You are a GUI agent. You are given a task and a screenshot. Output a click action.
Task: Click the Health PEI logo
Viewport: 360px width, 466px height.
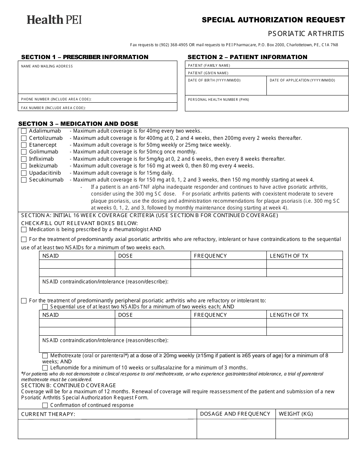(x=54, y=20)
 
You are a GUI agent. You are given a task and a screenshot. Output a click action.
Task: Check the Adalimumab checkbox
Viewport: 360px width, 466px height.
(x=24, y=131)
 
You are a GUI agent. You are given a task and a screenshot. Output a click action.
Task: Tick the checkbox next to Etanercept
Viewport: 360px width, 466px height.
(x=24, y=145)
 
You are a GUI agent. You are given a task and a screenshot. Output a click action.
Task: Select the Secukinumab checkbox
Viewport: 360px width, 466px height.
(x=24, y=180)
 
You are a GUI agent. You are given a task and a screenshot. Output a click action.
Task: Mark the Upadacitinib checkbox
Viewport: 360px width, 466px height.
(x=24, y=173)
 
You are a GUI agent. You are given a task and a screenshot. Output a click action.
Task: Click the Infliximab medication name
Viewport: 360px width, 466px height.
(x=41, y=159)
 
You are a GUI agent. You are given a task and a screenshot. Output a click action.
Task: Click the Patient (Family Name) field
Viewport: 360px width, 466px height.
(x=266, y=65)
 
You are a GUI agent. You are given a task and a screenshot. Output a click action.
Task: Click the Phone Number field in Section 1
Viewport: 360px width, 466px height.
(x=97, y=99)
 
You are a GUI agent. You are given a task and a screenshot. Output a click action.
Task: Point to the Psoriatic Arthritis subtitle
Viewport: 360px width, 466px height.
(x=306, y=33)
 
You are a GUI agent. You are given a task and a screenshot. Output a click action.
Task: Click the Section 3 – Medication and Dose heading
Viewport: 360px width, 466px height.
(x=78, y=124)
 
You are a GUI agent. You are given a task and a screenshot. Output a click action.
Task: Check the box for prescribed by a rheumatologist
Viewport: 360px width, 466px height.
(x=24, y=230)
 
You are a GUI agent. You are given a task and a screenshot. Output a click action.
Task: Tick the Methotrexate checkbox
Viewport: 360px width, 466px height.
(x=45, y=356)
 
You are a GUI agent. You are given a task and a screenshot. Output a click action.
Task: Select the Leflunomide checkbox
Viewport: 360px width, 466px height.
(x=45, y=367)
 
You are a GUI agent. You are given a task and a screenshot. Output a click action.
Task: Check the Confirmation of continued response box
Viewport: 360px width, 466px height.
(x=45, y=405)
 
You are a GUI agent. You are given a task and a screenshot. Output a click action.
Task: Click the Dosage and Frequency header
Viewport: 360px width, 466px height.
(x=235, y=414)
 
